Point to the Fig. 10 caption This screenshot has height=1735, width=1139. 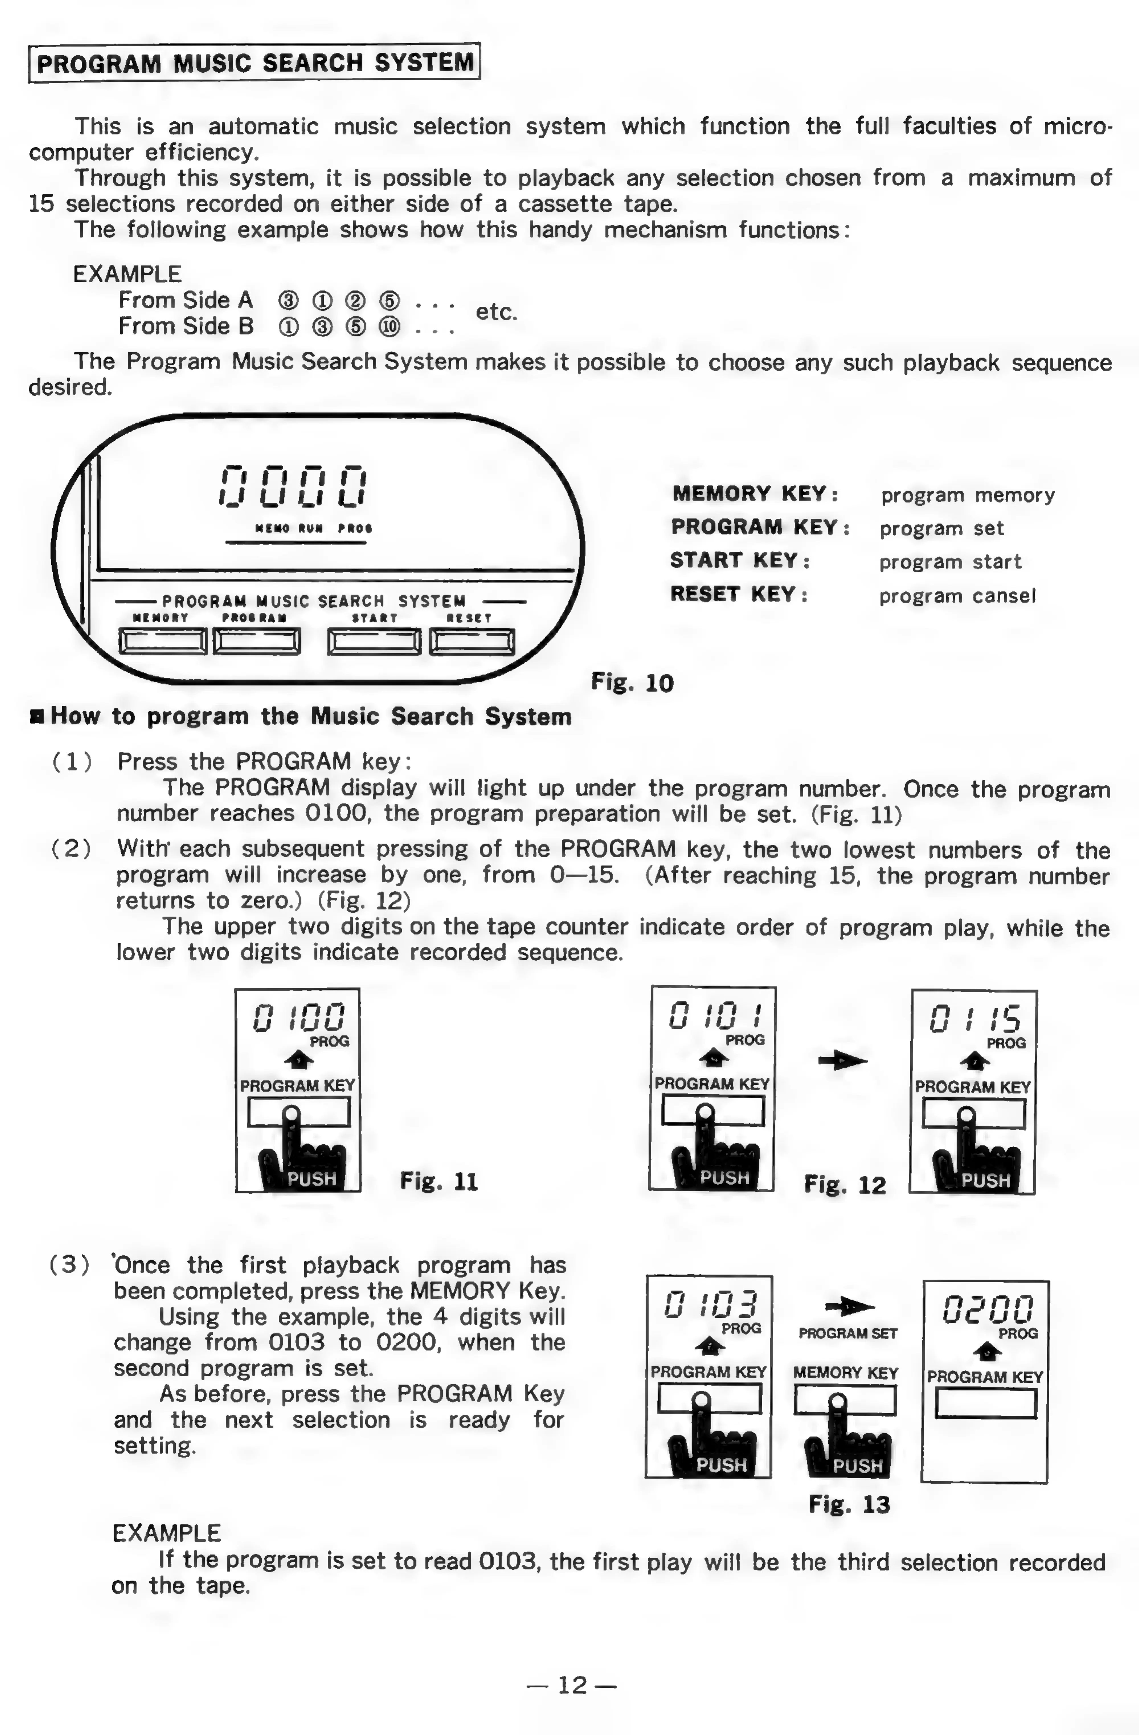tap(632, 683)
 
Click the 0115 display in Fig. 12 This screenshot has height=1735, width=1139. tap(974, 1018)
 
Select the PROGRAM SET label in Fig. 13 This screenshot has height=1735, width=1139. tap(847, 1333)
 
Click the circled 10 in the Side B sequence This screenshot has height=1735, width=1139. tap(389, 326)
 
